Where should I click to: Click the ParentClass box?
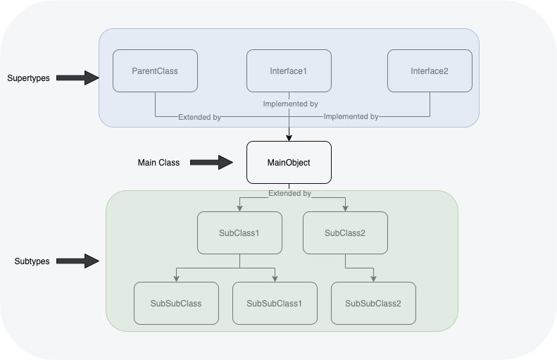[155, 71]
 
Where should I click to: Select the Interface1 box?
[289, 71]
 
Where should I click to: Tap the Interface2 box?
[430, 71]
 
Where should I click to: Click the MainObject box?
[289, 163]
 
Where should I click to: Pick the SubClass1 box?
[239, 232]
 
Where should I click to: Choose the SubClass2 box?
[345, 232]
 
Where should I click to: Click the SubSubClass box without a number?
[176, 304]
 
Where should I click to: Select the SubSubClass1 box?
[275, 304]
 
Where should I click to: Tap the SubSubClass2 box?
[373, 304]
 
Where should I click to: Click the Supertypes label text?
[28, 78]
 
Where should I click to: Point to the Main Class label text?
[158, 163]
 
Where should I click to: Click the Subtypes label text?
[32, 261]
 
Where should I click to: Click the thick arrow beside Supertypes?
[77, 77]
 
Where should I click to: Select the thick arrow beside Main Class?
[211, 163]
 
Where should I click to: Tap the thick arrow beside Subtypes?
[77, 261]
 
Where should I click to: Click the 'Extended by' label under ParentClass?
[199, 117]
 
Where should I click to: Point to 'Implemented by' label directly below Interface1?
[290, 104]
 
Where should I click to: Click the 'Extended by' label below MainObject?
[289, 193]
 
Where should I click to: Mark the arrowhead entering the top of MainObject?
[289, 137]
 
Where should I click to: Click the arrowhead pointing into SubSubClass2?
[373, 278]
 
